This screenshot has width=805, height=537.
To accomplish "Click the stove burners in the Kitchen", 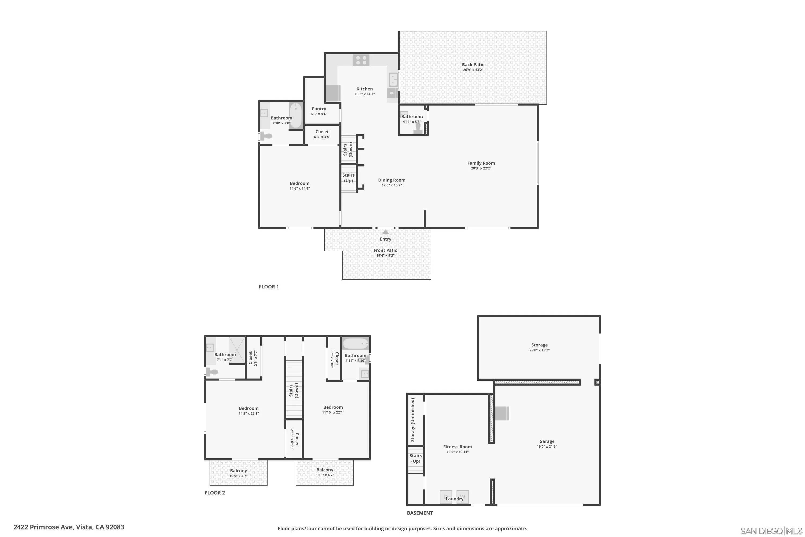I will (x=361, y=61).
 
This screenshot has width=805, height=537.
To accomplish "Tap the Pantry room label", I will (x=319, y=109).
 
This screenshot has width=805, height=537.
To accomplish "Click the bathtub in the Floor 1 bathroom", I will (x=296, y=115).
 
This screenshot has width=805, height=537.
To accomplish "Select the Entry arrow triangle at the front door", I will (x=385, y=232).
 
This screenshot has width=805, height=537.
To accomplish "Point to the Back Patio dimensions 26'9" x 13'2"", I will (x=473, y=70).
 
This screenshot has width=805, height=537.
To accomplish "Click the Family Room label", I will (x=481, y=163).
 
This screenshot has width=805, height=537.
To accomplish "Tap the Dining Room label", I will (x=391, y=180).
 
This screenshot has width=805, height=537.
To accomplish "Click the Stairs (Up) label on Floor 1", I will (x=348, y=178).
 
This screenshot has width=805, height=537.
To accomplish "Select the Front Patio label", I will (x=385, y=250).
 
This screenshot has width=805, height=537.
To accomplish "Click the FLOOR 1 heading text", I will (x=269, y=287).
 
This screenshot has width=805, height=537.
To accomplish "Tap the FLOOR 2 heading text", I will (x=215, y=493).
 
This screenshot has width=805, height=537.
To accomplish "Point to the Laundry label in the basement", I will (x=455, y=499).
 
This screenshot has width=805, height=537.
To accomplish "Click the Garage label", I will (x=547, y=441).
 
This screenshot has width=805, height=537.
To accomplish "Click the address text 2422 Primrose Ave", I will (x=69, y=527).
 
